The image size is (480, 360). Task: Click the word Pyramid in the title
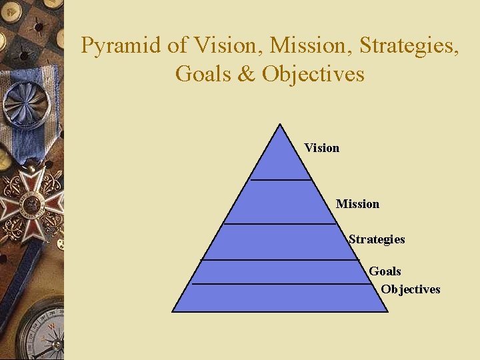click(x=118, y=46)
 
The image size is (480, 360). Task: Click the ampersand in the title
click(x=247, y=73)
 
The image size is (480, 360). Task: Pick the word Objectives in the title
click(x=313, y=73)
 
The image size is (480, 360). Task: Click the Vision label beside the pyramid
click(x=321, y=148)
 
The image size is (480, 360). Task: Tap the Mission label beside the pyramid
click(x=357, y=204)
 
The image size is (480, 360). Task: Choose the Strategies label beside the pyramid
click(x=377, y=239)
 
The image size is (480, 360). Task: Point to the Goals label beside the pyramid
click(x=385, y=271)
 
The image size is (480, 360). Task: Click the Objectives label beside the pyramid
click(x=411, y=289)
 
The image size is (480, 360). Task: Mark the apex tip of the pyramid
click(x=280, y=125)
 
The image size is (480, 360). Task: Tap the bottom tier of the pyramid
click(x=280, y=297)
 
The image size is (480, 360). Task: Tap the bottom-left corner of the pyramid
click(x=173, y=311)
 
